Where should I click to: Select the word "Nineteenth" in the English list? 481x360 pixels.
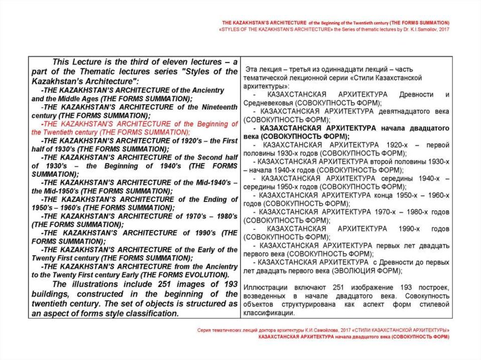[x=219, y=107]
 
